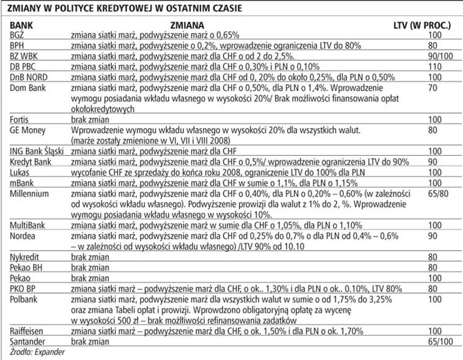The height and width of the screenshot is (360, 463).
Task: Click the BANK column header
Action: click(21, 26)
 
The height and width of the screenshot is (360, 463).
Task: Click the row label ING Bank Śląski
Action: click(37, 151)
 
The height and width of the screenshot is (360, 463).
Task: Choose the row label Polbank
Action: click(25, 299)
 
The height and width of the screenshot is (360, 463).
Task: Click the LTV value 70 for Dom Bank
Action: click(434, 87)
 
